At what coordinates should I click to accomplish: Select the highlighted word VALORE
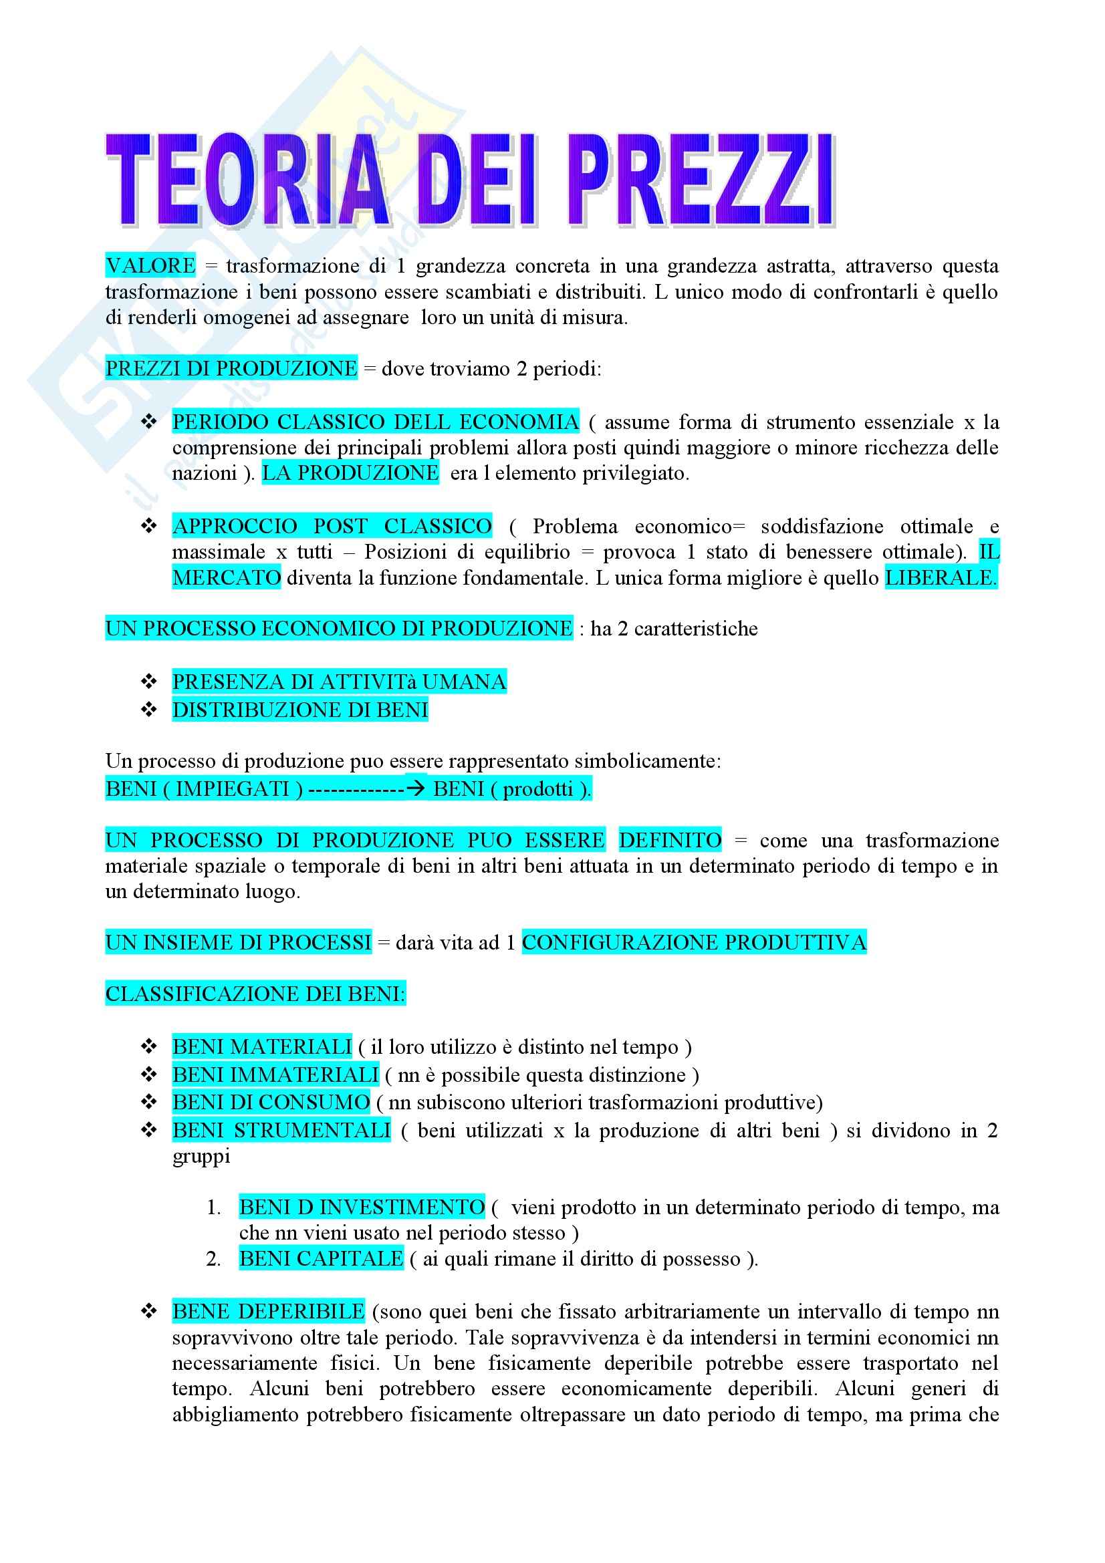[x=150, y=265]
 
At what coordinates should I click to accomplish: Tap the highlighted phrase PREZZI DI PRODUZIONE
[x=231, y=368]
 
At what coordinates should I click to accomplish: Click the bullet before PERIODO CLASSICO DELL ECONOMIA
[x=148, y=422]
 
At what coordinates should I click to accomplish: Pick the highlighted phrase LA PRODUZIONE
[x=351, y=473]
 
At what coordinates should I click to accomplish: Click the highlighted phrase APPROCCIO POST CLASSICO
[x=332, y=526]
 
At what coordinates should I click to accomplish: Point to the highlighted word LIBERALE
[x=941, y=578]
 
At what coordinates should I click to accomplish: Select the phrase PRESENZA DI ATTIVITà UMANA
[x=339, y=682]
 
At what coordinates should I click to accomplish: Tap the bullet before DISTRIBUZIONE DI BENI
[x=148, y=710]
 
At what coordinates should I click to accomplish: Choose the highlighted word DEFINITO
[x=670, y=840]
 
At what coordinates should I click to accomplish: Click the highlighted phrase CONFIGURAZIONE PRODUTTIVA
[x=694, y=942]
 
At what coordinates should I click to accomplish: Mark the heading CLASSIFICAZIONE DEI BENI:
[x=255, y=994]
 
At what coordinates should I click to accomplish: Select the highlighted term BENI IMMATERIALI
[x=275, y=1075]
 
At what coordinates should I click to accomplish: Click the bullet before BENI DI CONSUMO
[x=148, y=1102]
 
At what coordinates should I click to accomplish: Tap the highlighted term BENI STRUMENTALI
[x=281, y=1130]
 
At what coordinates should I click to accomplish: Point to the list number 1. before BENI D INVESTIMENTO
[x=214, y=1207]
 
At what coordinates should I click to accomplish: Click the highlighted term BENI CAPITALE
[x=322, y=1259]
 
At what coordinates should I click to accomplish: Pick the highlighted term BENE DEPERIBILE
[x=268, y=1311]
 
